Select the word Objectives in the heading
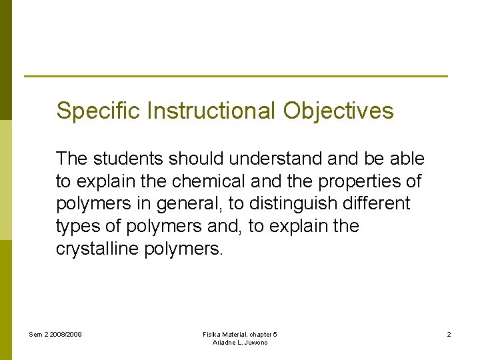pos(338,111)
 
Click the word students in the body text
pos(130,159)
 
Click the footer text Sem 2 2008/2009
pos(55,334)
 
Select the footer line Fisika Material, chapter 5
pos(240,334)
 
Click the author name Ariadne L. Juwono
pos(240,343)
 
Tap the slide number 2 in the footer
pos(449,334)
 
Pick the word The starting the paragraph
pos(72,159)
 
